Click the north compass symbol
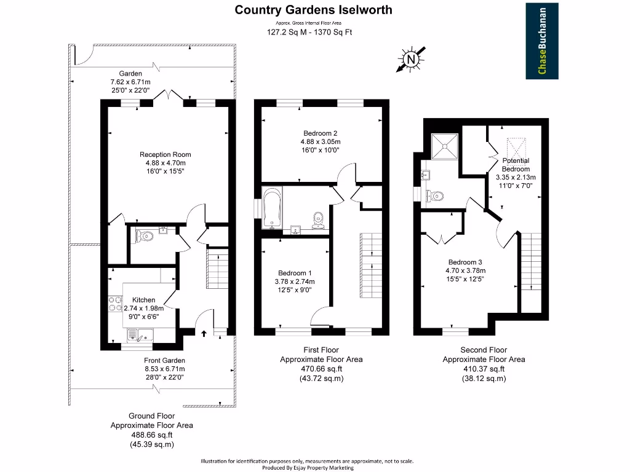(410, 60)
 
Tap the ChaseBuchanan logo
(542, 41)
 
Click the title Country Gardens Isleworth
(314, 10)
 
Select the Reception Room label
(165, 155)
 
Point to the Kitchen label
(143, 299)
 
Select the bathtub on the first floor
(271, 209)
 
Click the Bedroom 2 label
(320, 133)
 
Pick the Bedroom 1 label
(294, 273)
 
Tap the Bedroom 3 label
(465, 262)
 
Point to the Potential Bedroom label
(516, 165)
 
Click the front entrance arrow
(204, 334)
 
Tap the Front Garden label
(164, 360)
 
